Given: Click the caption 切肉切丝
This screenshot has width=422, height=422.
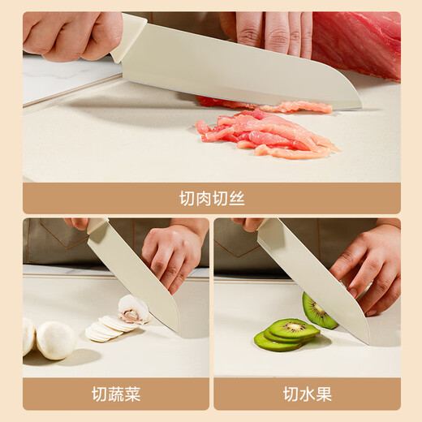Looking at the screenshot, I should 211,198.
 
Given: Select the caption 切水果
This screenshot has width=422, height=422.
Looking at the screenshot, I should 306,394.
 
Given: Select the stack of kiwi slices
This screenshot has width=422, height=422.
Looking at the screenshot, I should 285,334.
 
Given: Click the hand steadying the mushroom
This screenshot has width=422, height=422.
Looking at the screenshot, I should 172,256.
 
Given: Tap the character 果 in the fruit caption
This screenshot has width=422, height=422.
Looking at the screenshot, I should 323,394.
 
